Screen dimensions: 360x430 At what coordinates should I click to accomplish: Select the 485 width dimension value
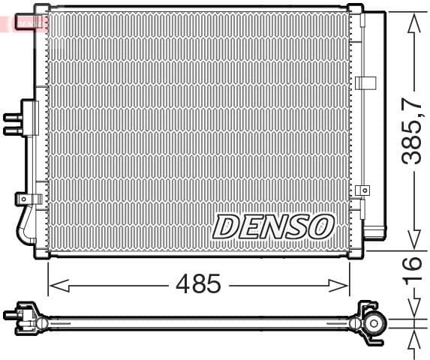pyautogui.click(x=198, y=284)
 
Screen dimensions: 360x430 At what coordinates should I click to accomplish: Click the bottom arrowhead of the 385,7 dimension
pyautogui.click(x=410, y=240)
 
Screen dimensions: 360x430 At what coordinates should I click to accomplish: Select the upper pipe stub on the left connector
pyautogui.click(x=12, y=117)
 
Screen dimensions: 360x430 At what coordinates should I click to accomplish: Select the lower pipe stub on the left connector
pyautogui.click(x=12, y=130)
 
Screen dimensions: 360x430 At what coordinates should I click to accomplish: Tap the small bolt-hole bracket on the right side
pyautogui.click(x=363, y=190)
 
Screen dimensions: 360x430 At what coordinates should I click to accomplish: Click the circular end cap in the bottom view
pyautogui.click(x=373, y=323)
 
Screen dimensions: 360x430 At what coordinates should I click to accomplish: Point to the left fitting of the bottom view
pyautogui.click(x=23, y=315)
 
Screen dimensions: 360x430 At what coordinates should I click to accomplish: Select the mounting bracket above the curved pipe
pyautogui.click(x=27, y=199)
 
